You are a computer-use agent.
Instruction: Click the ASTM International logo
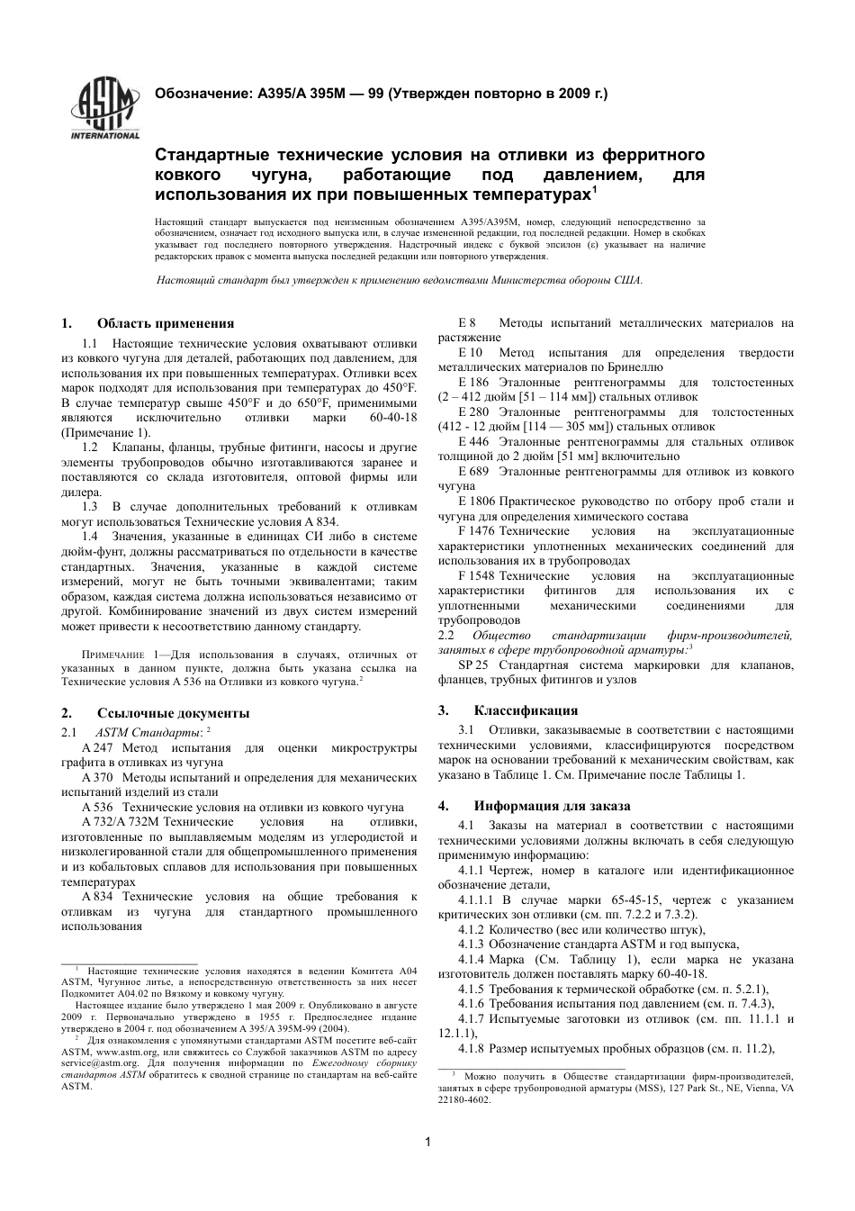105,110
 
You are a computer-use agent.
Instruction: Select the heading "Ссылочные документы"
173,713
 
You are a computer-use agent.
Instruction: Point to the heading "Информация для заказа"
552,806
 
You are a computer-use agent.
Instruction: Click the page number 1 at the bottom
427,1143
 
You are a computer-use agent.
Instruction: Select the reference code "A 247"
97,748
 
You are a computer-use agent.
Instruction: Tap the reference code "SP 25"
473,665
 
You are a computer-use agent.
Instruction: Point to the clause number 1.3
90,506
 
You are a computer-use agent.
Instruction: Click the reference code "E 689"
473,472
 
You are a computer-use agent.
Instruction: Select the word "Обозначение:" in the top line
204,93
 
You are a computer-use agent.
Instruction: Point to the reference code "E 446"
473,442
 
